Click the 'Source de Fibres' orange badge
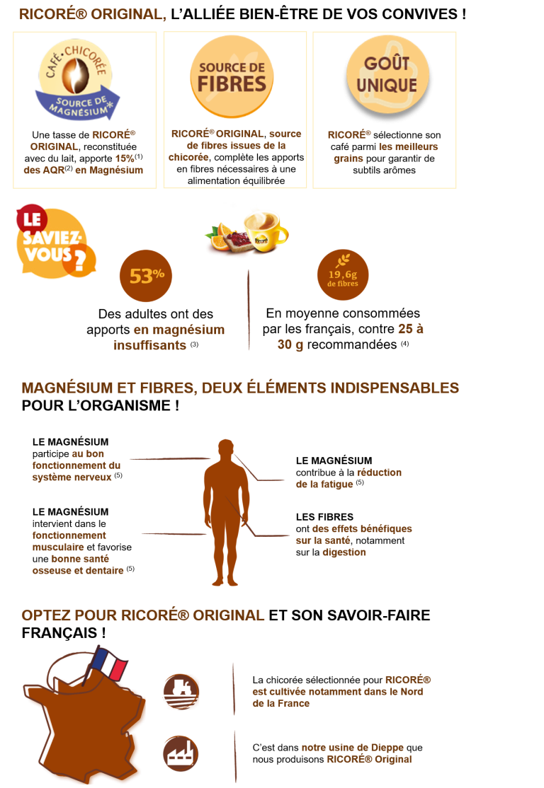click(232, 77)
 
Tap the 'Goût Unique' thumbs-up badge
click(387, 74)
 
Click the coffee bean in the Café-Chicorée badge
click(76, 76)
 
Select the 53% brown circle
click(146, 276)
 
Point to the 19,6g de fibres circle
click(343, 275)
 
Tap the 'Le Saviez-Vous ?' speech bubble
click(55, 241)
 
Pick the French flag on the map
click(108, 662)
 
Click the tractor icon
click(181, 692)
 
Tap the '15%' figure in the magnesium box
click(124, 158)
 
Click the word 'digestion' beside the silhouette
click(344, 552)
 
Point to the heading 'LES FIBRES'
click(324, 516)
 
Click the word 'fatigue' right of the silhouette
click(336, 485)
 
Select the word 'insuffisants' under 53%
click(149, 345)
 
